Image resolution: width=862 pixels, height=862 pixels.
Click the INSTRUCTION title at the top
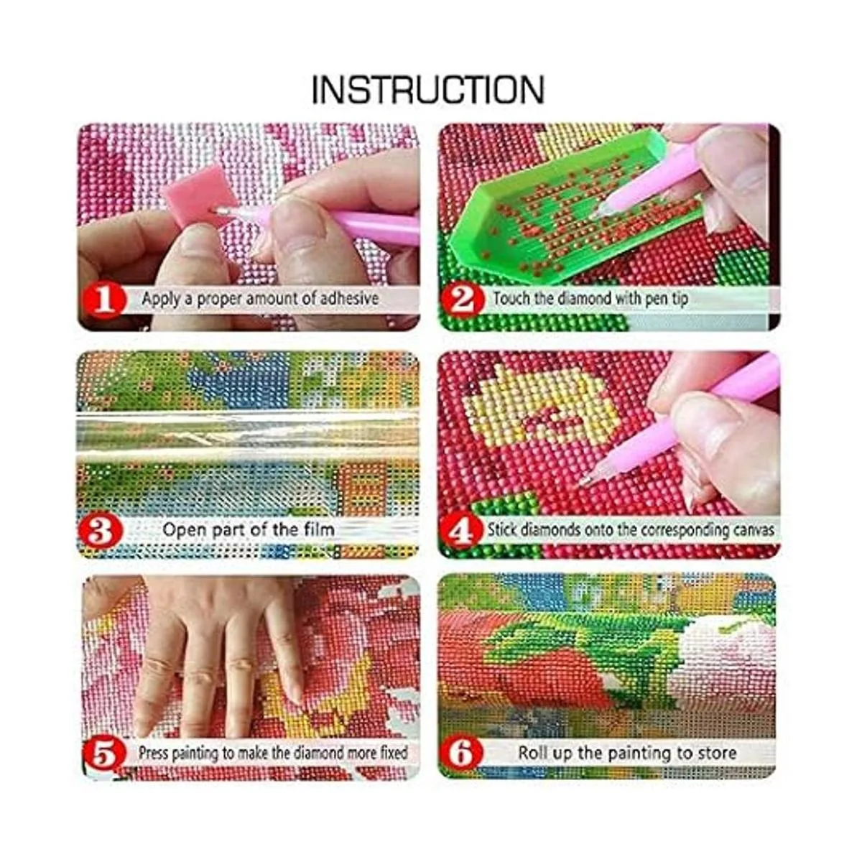click(427, 90)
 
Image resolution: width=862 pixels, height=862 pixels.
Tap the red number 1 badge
click(103, 300)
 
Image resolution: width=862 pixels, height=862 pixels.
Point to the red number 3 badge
click(99, 532)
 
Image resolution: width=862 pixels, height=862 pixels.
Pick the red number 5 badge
click(103, 756)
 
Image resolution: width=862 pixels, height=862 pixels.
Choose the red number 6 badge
click(462, 754)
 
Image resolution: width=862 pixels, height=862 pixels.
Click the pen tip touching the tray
click(595, 215)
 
